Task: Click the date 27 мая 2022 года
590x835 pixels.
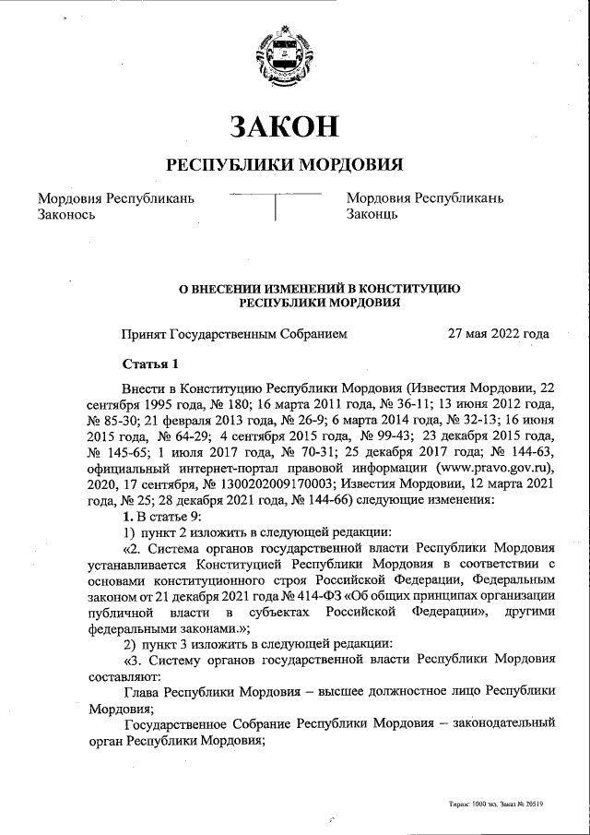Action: coord(498,334)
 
